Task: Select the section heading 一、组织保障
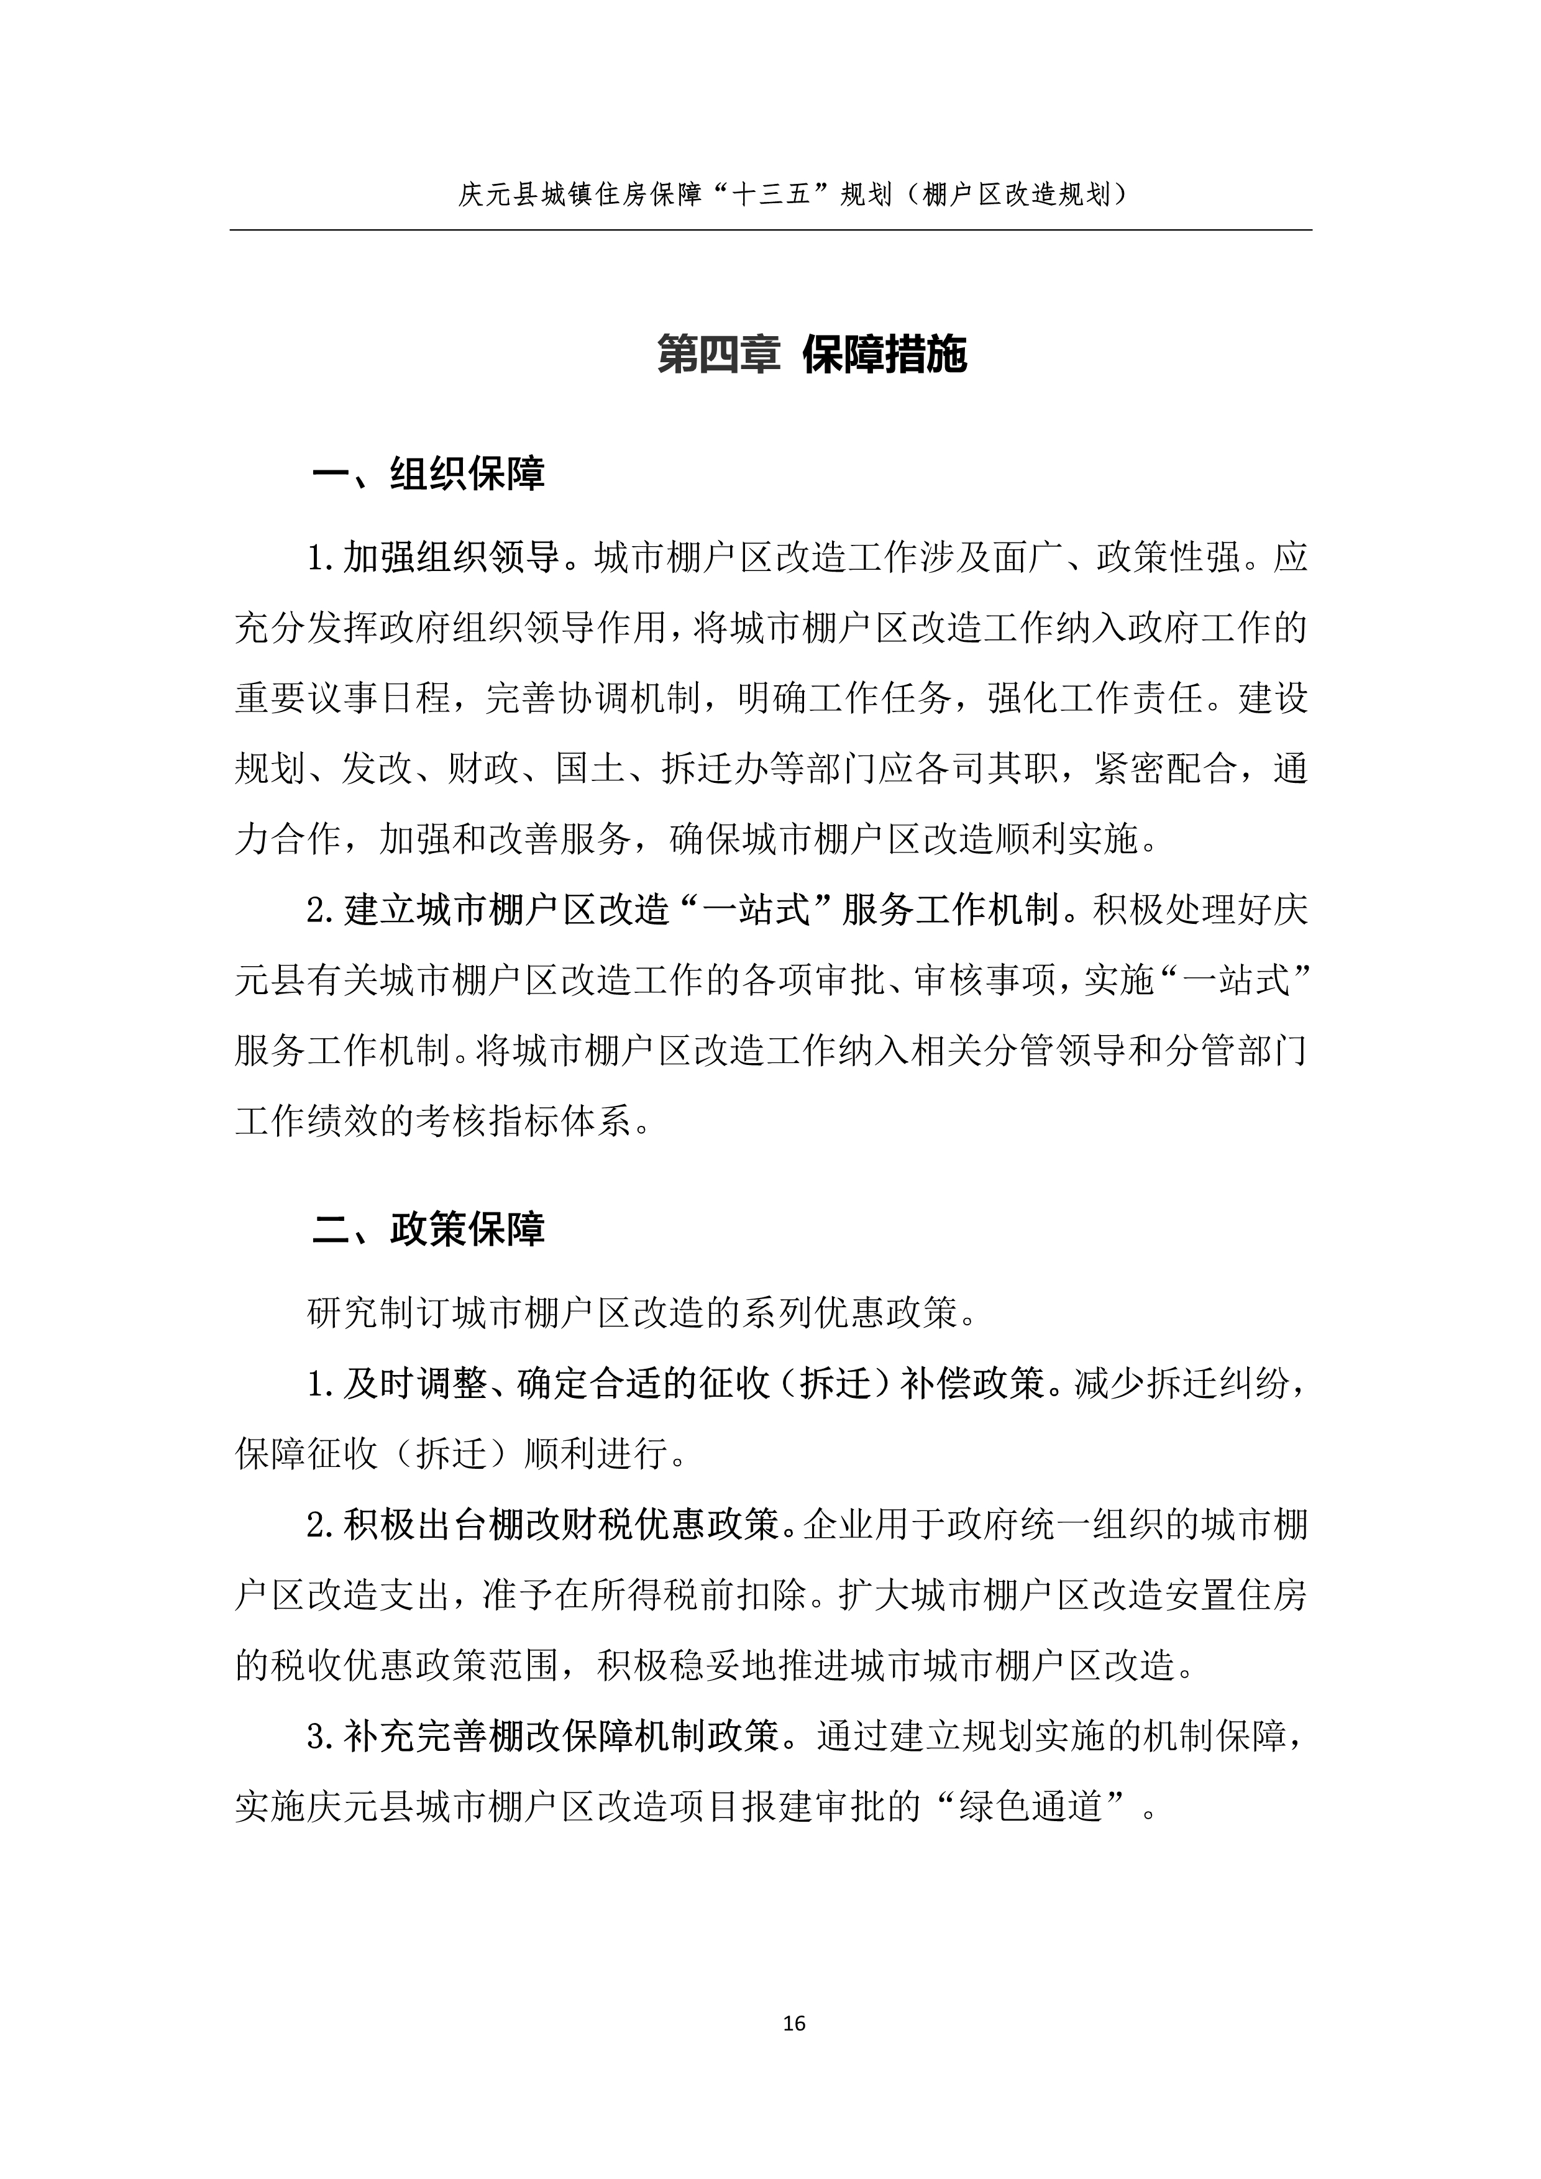(x=429, y=473)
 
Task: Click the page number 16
(x=794, y=2022)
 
